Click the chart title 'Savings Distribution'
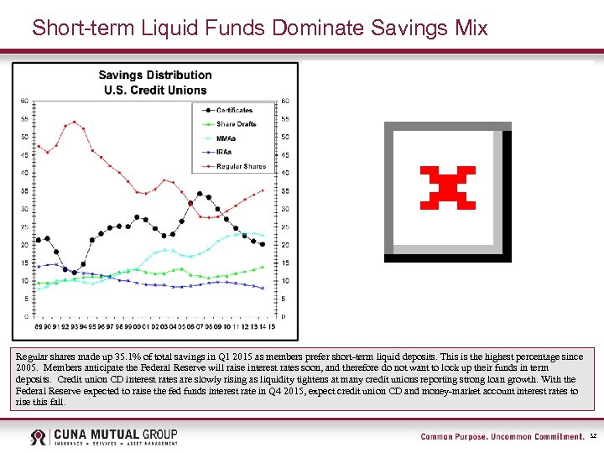(155, 75)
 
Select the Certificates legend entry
(234, 110)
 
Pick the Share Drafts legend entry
(236, 124)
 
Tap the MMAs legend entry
(227, 138)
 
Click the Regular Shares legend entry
(240, 166)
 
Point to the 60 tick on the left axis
(24, 101)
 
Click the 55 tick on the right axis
(285, 119)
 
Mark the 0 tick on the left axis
(26, 316)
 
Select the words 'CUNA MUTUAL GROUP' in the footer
(115, 434)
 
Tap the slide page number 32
(593, 437)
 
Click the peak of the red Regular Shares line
(75, 122)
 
